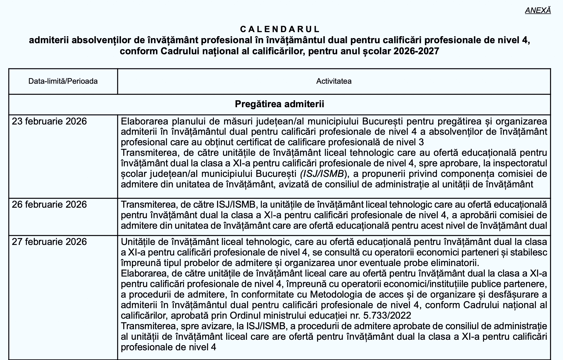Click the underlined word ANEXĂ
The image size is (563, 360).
point(538,10)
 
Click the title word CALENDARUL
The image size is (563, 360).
point(280,29)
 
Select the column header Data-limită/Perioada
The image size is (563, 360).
point(63,81)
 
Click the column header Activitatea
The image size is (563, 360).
point(334,81)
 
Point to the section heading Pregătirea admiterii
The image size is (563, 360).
point(279,104)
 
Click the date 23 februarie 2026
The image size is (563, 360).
point(49,122)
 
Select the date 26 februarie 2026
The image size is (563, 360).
point(49,205)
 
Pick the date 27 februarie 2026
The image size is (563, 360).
point(49,242)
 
